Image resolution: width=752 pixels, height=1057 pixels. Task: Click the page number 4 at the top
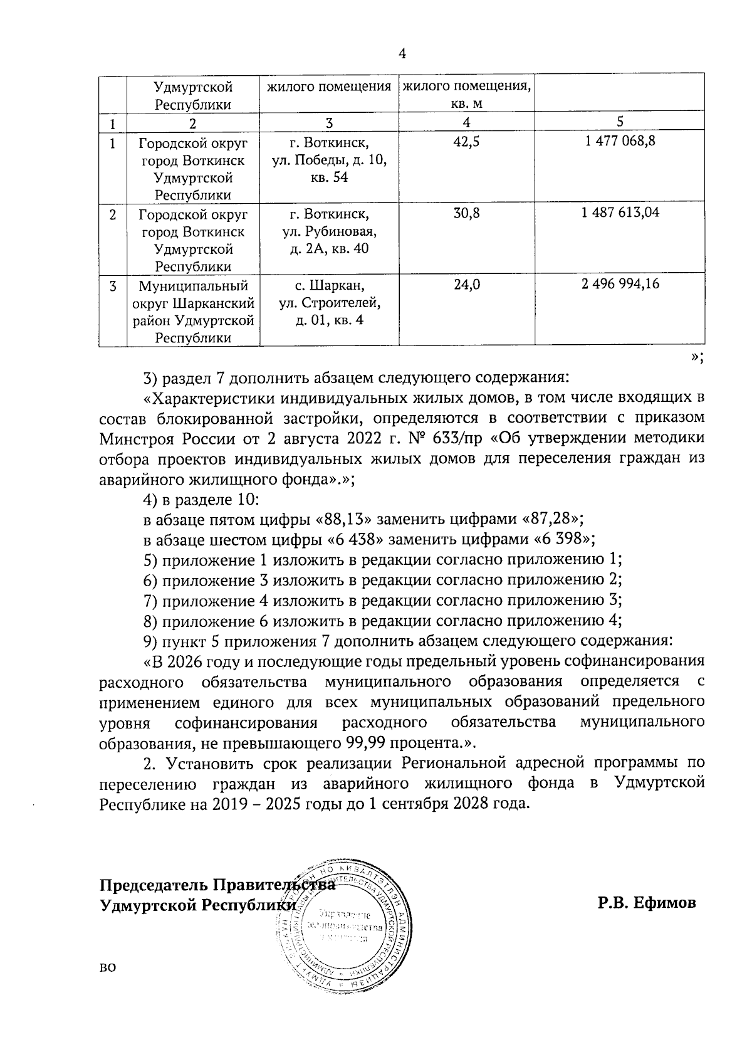[403, 54]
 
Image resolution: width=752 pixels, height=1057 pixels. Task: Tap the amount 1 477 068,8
[620, 142]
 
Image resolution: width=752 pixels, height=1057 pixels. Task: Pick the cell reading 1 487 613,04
[620, 213]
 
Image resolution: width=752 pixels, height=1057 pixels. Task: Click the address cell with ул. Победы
[329, 160]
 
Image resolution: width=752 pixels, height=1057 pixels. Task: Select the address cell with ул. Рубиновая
[329, 231]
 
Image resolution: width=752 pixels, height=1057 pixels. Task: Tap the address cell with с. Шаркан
[329, 303]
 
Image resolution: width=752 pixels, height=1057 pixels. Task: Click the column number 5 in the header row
[620, 122]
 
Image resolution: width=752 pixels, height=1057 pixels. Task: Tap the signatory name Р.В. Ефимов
[646, 903]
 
